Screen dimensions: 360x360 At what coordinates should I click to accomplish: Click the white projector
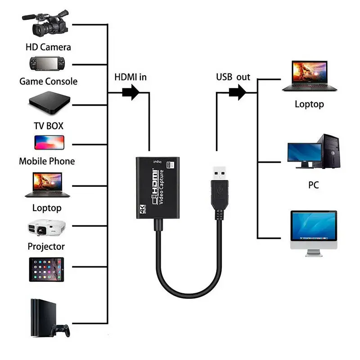pos(47,228)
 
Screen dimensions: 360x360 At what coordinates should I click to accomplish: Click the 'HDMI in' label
pos(130,77)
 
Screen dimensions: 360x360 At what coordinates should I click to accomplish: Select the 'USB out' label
pos(233,77)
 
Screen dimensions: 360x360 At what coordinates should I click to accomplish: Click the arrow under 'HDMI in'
pos(131,93)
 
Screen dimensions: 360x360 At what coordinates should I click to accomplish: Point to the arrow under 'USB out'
pos(237,93)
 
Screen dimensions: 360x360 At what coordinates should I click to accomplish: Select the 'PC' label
pos(313,185)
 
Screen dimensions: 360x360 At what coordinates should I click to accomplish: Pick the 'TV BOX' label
pos(48,126)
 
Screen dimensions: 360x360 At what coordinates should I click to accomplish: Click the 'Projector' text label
pos(46,246)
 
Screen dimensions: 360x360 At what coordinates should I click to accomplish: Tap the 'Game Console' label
pos(48,81)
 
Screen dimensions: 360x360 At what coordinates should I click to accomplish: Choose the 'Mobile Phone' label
pos(47,161)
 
